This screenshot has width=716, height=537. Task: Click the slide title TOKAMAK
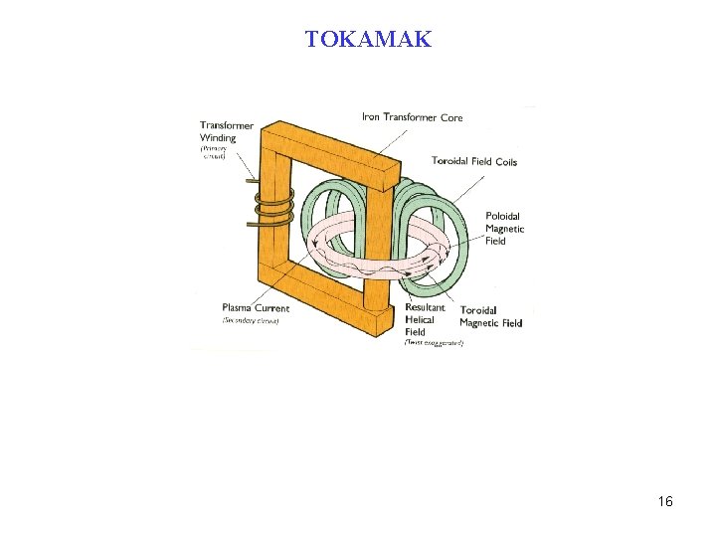pos(368,40)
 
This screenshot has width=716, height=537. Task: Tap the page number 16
pos(665,502)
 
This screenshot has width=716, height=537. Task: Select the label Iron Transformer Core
pos(412,117)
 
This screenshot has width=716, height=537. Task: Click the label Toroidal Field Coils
pos(474,161)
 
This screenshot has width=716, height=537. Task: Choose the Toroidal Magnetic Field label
pos(490,316)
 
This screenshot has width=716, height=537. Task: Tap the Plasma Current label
pos(256,308)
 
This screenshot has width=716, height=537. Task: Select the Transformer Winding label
pos(226,131)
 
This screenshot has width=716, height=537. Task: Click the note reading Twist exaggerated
pos(434,343)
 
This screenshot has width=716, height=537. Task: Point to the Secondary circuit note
pos(251,321)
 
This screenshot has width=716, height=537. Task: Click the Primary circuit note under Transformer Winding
pos(213,152)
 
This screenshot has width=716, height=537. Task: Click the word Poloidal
pos(502,216)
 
